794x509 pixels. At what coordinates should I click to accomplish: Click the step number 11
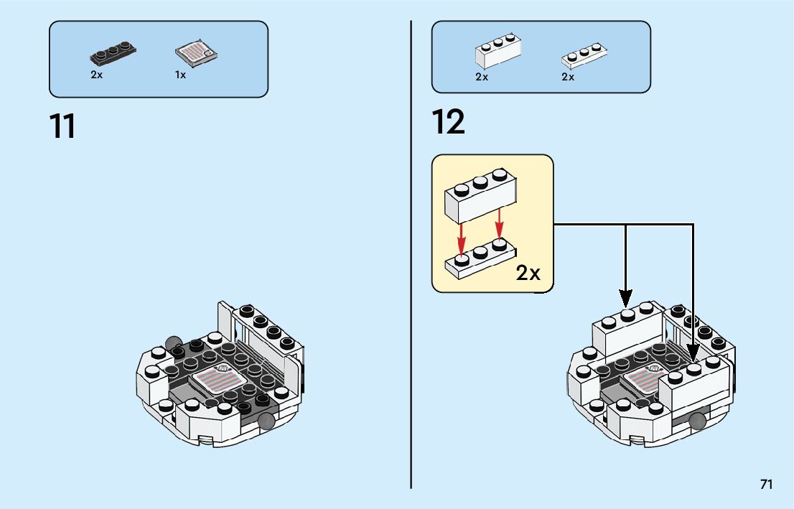coord(63,126)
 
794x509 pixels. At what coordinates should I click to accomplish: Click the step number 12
coord(449,122)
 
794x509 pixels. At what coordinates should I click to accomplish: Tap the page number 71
coord(766,485)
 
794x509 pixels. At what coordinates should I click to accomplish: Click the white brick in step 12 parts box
coord(498,52)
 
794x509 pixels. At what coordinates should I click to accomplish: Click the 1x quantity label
coord(180,75)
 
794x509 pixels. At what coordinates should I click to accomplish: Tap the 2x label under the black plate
coord(97,75)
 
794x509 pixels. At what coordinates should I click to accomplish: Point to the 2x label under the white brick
coord(482,77)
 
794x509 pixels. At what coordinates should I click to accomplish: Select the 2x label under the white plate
coord(568,77)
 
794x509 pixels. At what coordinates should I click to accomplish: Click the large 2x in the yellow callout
coord(528,274)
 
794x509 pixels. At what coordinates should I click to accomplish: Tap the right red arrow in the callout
coord(499,225)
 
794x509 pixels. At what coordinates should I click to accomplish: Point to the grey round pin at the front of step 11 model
coord(267,421)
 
